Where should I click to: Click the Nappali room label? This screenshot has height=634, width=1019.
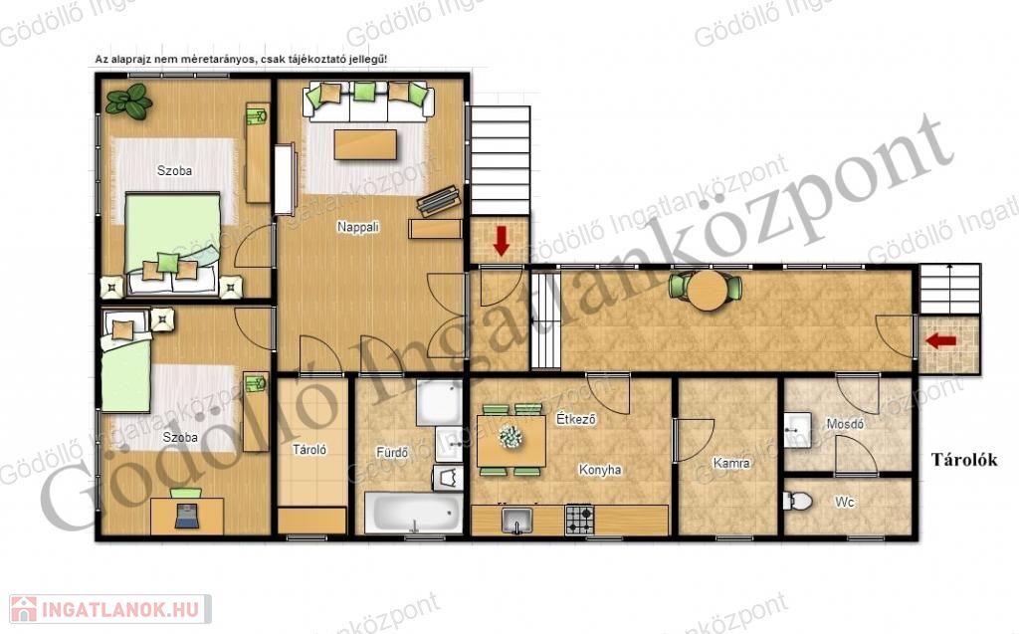pos(358,227)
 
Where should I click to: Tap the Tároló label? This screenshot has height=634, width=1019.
pos(309,449)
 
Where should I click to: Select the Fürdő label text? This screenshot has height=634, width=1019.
pos(392,452)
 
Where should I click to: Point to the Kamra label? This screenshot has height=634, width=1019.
pos(731,463)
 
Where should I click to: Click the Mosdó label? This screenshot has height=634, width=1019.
pos(845,424)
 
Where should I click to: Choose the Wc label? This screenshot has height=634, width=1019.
pos(844,502)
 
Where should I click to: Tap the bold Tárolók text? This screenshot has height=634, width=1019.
pos(964,460)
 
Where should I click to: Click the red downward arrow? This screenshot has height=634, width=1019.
pos(502,241)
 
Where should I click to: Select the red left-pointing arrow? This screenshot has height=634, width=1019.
pos(941,340)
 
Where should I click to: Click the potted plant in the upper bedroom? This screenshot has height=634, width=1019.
pos(129,101)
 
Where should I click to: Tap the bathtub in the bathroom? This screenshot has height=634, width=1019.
pos(413,513)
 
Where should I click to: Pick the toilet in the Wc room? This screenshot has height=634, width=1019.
pos(797,502)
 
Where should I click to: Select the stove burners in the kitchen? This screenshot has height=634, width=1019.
pos(580,520)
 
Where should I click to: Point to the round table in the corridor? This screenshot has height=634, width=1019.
pos(708,290)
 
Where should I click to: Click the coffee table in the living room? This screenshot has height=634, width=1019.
pos(365,144)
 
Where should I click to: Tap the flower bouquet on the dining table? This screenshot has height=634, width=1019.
pos(510,436)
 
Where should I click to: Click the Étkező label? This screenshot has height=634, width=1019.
pos(576,419)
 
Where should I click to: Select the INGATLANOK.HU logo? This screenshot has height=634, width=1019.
pos(109,609)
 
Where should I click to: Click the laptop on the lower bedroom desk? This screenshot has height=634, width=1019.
pos(186,515)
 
